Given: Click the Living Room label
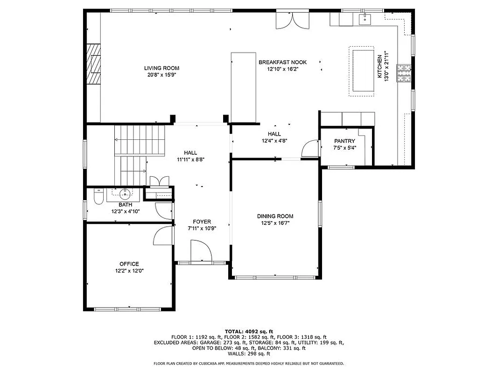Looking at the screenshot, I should point(161,68).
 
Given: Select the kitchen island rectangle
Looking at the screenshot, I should point(362,71).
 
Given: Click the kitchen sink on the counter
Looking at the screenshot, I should point(364,19).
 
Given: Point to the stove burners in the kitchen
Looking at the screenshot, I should point(404,72).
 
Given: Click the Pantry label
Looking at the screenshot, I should point(344,141).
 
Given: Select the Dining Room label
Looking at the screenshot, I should point(275,216).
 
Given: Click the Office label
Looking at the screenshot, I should point(129,264).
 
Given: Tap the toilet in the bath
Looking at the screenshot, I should point(98,198).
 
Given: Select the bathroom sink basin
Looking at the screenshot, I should point(125,194).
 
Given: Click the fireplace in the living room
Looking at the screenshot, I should point(95,64).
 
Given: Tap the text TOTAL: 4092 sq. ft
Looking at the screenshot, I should point(249,331).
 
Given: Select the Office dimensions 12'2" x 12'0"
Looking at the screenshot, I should point(129,271).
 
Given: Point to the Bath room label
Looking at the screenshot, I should point(125,205).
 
